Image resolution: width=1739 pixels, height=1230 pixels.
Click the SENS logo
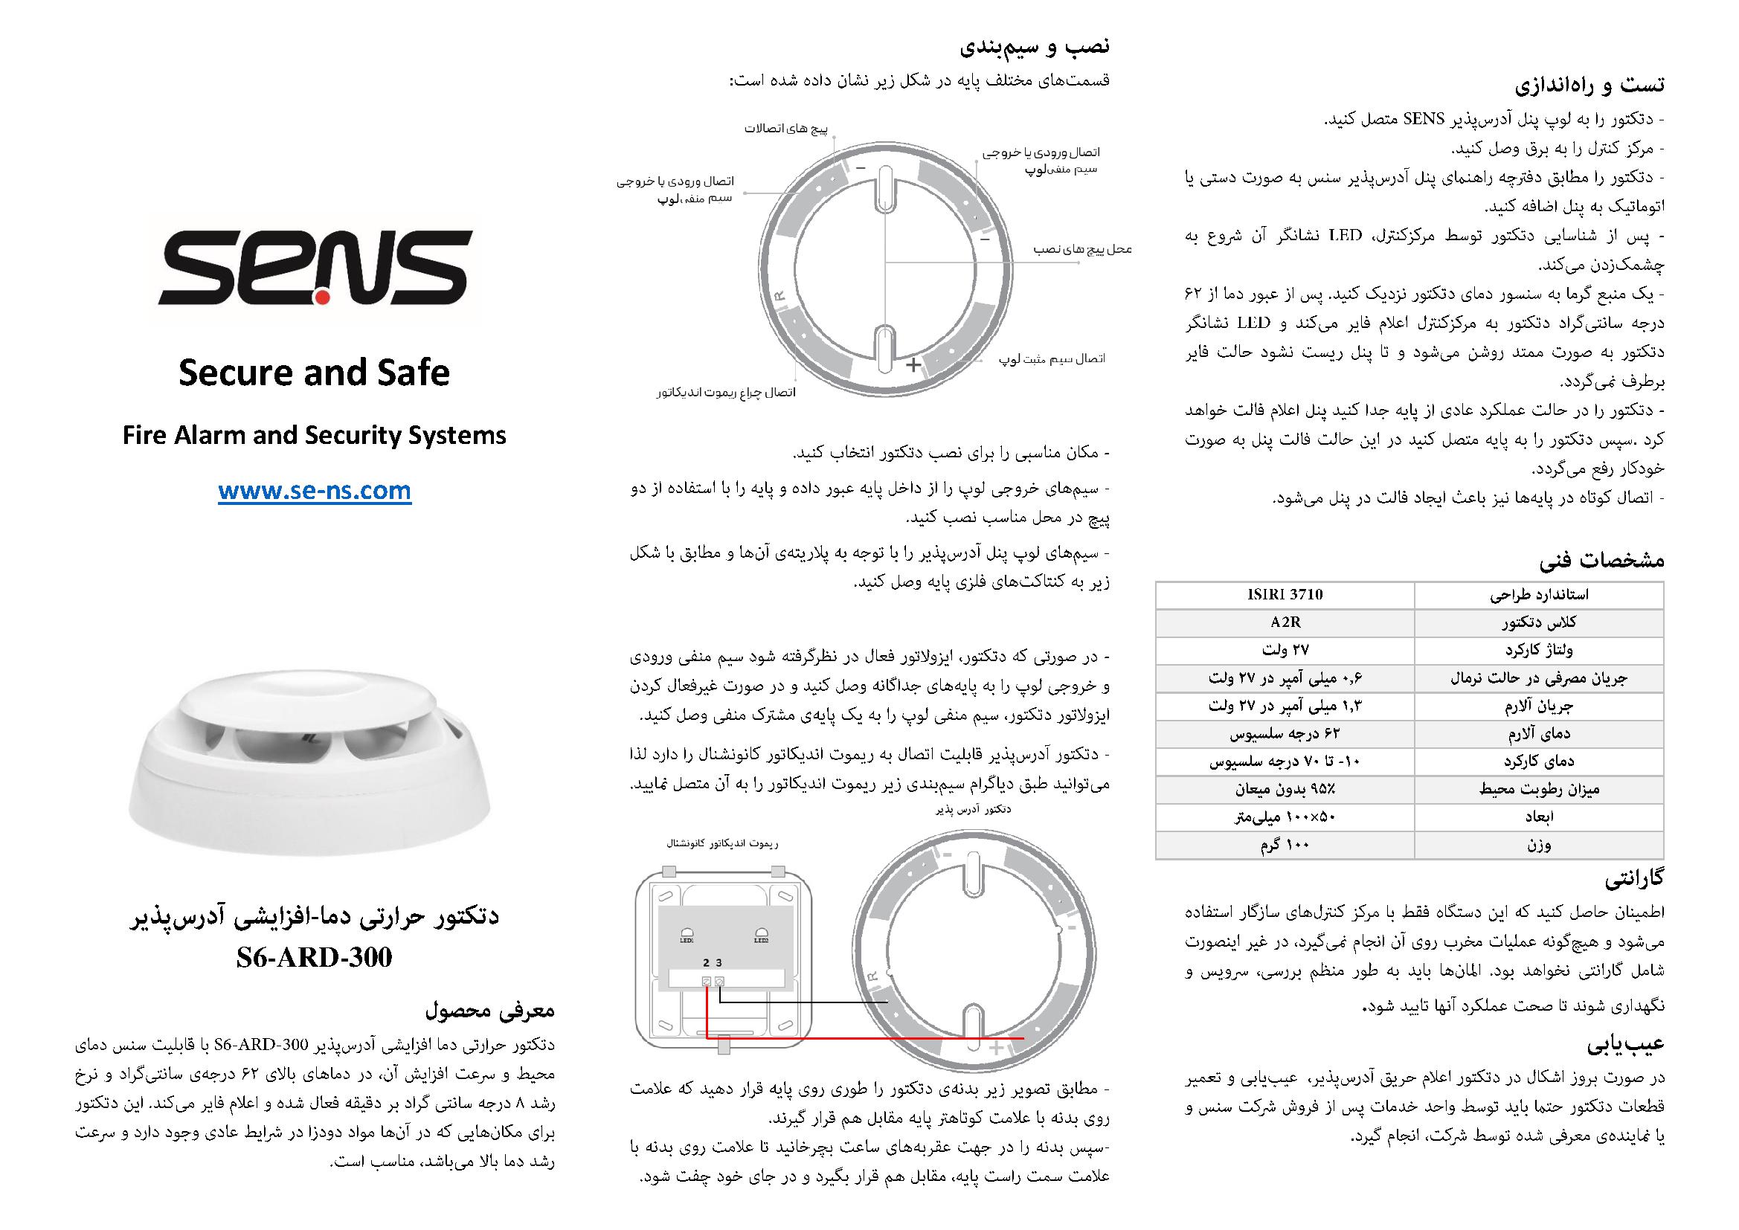[x=315, y=268]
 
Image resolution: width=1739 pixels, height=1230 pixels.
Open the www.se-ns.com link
[x=315, y=492]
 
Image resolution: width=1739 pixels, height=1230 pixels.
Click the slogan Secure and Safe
[x=315, y=373]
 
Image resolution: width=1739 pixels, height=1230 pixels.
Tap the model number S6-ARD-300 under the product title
[x=315, y=957]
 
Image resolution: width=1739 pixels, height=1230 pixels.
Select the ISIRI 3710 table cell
[x=1285, y=595]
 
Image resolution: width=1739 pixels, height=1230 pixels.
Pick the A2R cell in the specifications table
[x=1285, y=622]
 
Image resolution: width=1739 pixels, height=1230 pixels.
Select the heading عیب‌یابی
[x=1625, y=1044]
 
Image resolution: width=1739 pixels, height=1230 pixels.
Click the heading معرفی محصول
[x=490, y=1011]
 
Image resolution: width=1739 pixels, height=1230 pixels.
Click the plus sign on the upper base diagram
[x=914, y=364]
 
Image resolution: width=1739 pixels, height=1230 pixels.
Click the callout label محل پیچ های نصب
[x=1083, y=249]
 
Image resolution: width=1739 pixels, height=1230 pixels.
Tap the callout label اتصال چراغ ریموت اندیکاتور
[x=727, y=393]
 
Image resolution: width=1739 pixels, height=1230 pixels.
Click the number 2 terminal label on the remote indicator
[x=706, y=962]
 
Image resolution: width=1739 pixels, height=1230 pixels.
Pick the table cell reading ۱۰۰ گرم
[x=1285, y=846]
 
